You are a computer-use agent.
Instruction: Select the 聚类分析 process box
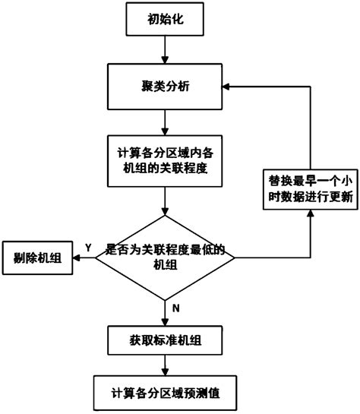coord(165,87)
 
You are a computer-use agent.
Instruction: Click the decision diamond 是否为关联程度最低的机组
coord(165,258)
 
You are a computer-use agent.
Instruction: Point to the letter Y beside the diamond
coord(88,248)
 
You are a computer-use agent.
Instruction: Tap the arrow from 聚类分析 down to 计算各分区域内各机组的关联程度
coord(165,122)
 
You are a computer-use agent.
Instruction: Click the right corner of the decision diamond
coord(235,258)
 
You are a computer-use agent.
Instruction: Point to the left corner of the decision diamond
coord(95,258)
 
